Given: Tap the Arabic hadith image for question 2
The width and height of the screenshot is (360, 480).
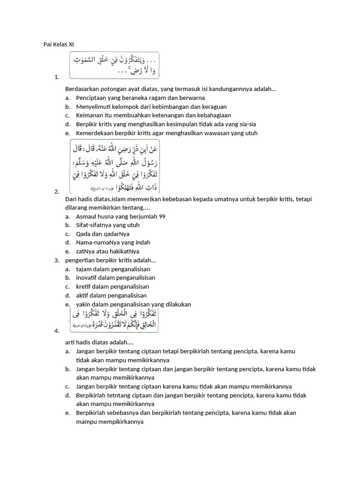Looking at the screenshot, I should pyautogui.click(x=114, y=167).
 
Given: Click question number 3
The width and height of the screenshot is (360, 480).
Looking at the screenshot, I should pyautogui.click(x=56, y=260).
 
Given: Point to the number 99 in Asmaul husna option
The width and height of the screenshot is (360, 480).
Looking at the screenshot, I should pyautogui.click(x=162, y=216).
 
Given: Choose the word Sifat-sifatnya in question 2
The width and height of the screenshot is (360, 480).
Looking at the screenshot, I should pyautogui.click(x=94, y=225).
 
